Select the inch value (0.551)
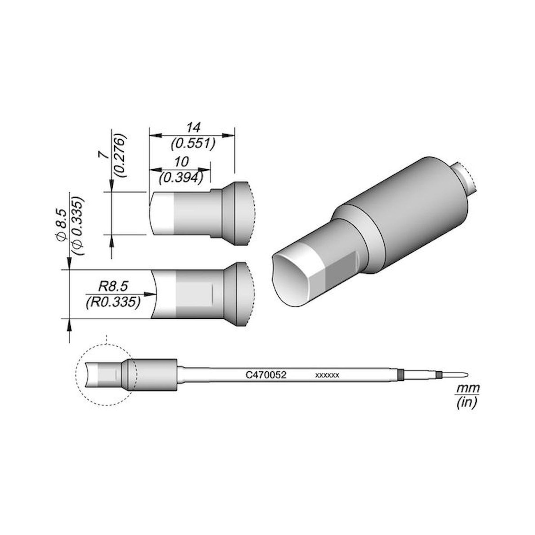pos(193,144)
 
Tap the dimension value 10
pos(182,162)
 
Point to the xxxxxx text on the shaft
pos(327,376)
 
